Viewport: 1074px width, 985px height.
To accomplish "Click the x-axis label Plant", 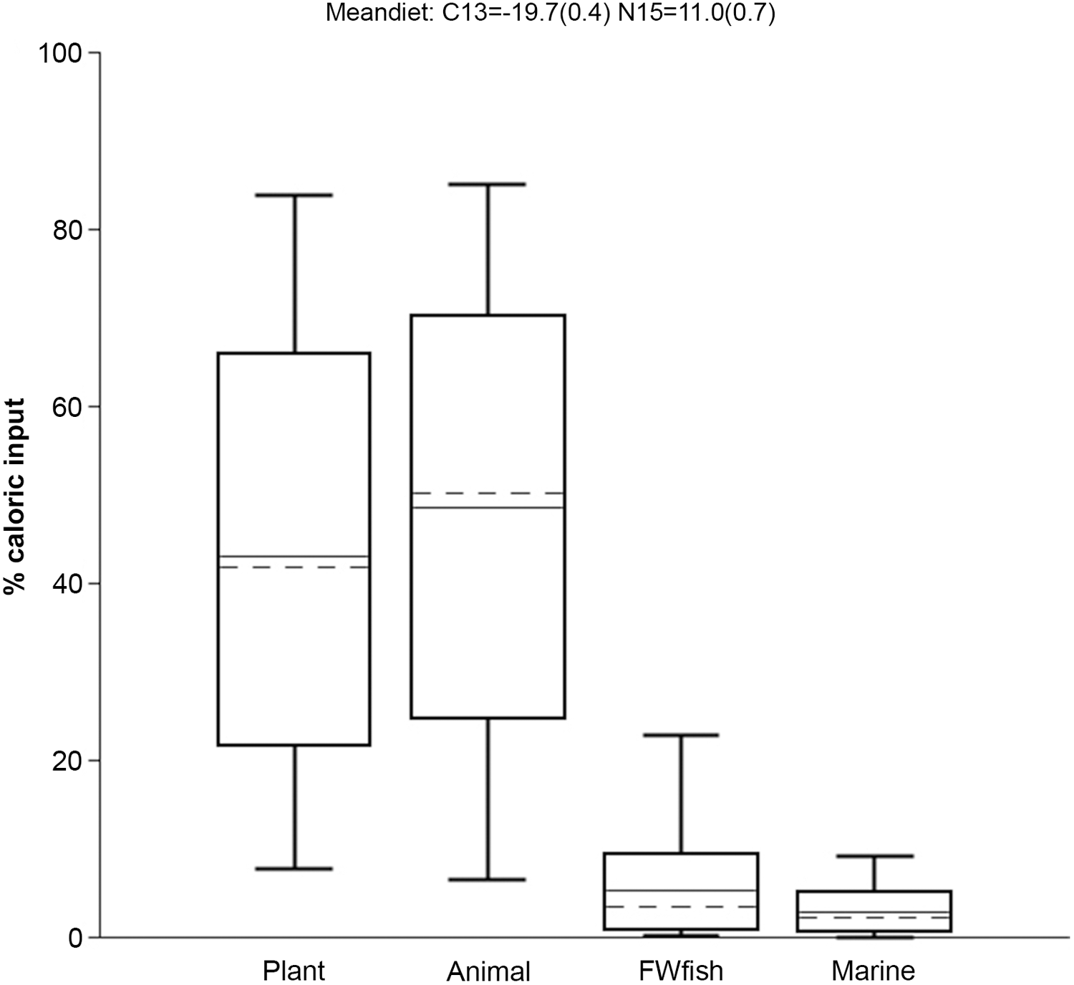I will pyautogui.click(x=294, y=971).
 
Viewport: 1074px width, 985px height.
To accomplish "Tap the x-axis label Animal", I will pyautogui.click(x=488, y=971).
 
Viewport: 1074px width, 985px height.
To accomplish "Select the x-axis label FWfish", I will pyautogui.click(x=681, y=971).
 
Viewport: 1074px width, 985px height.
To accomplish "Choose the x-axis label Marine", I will pyautogui.click(x=873, y=971).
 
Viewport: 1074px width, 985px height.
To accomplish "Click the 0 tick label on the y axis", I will pyautogui.click(x=76, y=937).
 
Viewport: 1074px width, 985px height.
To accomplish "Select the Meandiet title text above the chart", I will pyautogui.click(x=550, y=13).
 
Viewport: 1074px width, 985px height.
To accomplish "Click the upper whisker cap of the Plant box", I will pyautogui.click(x=294, y=195).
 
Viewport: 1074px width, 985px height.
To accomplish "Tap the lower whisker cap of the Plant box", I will pyautogui.click(x=294, y=868).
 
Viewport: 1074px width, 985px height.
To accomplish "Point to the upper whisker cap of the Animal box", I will pyautogui.click(x=488, y=184).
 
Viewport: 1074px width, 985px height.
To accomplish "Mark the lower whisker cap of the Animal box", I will pyautogui.click(x=488, y=879).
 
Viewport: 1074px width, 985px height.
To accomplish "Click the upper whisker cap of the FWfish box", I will pyautogui.click(x=681, y=735).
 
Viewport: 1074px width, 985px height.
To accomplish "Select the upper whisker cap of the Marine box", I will pyautogui.click(x=874, y=856).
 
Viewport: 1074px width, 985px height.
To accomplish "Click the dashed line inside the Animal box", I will pyautogui.click(x=488, y=493).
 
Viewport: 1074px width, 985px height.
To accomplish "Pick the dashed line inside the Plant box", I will pyautogui.click(x=294, y=567).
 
